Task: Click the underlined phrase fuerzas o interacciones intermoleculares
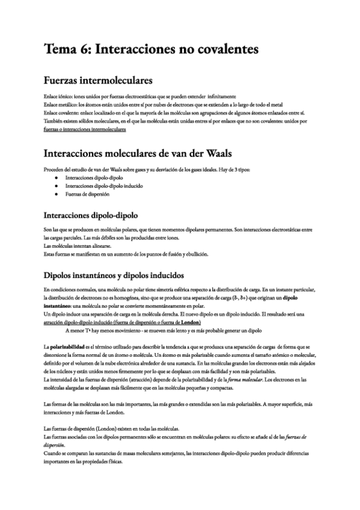(85, 129)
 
